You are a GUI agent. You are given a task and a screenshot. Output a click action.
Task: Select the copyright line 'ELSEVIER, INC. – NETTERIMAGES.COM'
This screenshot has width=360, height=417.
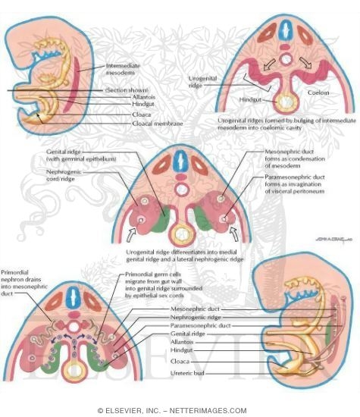click(179, 409)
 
